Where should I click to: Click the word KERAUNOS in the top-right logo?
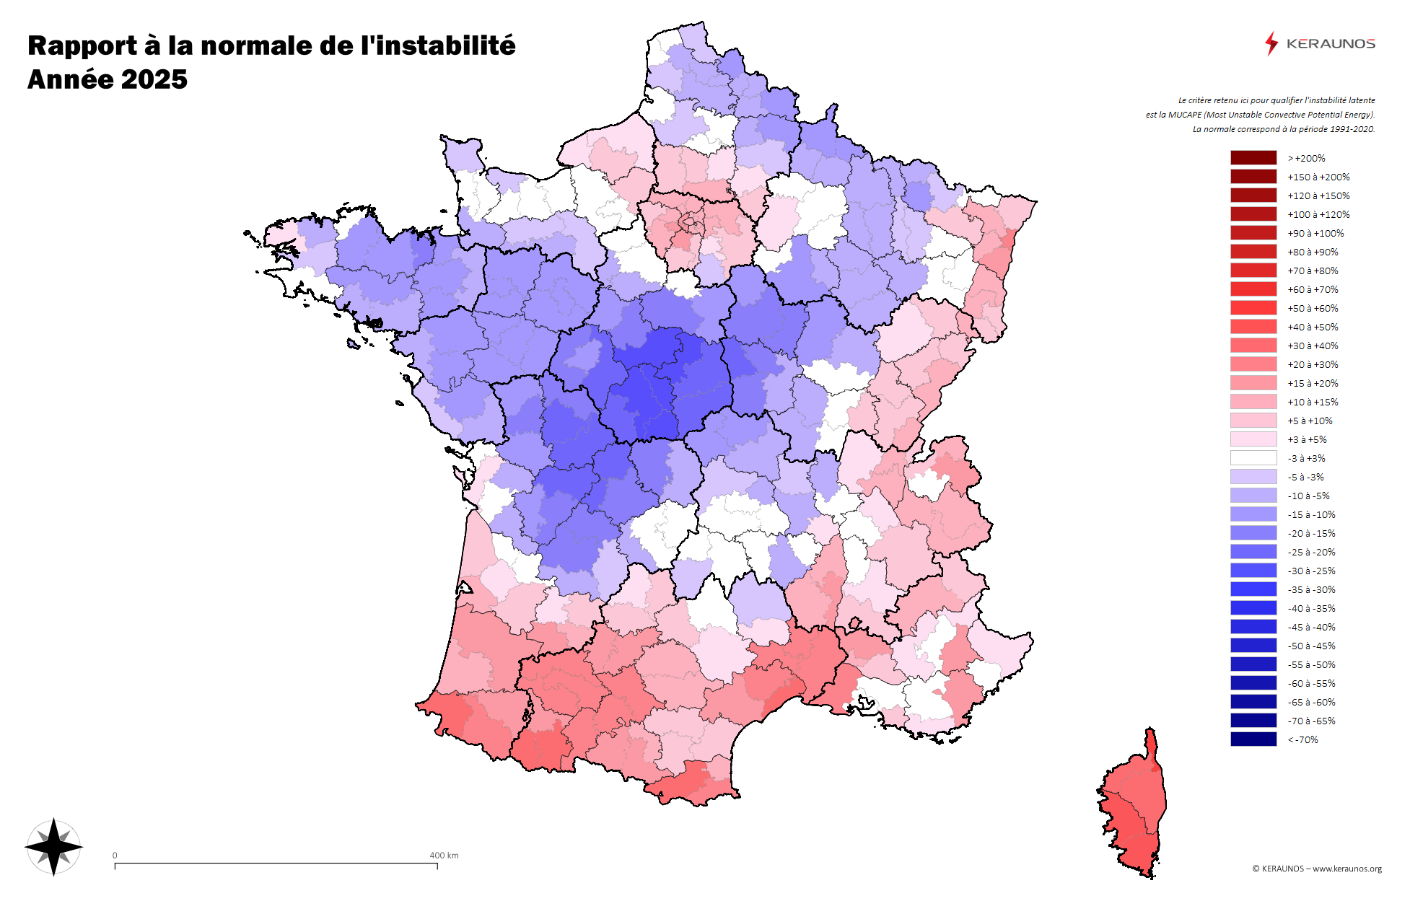click(x=1331, y=44)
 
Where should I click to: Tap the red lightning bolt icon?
click(x=1271, y=43)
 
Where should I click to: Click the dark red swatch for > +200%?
click(x=1253, y=158)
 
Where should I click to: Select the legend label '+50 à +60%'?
click(x=1313, y=308)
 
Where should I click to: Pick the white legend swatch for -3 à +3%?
click(x=1253, y=458)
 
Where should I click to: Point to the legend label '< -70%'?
click(x=1302, y=739)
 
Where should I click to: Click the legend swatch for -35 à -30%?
click(x=1253, y=589)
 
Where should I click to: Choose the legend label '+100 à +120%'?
click(x=1318, y=214)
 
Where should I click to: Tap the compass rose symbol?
click(x=54, y=847)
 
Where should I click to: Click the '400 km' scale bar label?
click(x=444, y=856)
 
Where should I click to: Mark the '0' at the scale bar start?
click(x=115, y=856)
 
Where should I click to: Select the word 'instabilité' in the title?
click(x=438, y=45)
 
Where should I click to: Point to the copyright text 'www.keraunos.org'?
click(x=1346, y=869)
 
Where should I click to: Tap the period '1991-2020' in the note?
click(x=1352, y=129)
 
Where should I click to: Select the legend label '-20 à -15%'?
click(x=1311, y=533)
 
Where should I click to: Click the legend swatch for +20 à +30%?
click(x=1253, y=364)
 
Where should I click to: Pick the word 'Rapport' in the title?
click(x=82, y=45)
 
